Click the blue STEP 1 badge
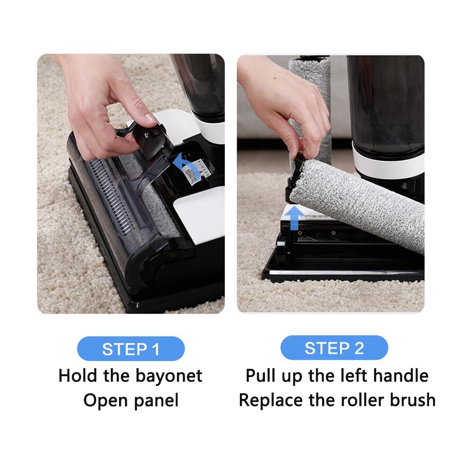pyautogui.click(x=131, y=349)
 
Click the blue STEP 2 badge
pyautogui.click(x=334, y=348)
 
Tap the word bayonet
pyautogui.click(x=169, y=376)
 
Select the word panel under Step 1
pyautogui.click(x=156, y=401)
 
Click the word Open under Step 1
pyautogui.click(x=105, y=401)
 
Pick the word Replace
pyautogui.click(x=271, y=401)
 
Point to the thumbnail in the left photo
pyautogui.click(x=149, y=118)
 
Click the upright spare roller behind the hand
pyautogui.click(x=310, y=110)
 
